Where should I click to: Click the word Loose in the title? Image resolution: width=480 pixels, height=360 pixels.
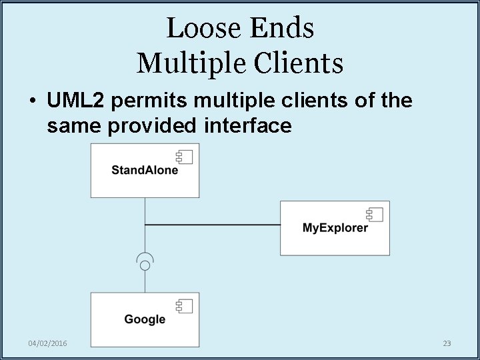(x=203, y=28)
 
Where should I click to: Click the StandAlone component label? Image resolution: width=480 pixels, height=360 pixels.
(x=145, y=170)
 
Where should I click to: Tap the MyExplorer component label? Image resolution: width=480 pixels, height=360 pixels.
(x=335, y=228)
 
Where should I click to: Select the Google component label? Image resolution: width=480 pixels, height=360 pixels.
(x=145, y=319)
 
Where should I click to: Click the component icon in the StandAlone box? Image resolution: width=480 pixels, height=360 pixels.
(x=184, y=157)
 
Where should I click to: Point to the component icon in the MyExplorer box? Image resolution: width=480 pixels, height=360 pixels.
(x=374, y=215)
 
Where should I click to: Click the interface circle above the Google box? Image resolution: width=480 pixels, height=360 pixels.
(x=145, y=265)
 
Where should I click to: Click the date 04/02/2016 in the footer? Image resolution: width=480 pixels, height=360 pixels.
(x=47, y=343)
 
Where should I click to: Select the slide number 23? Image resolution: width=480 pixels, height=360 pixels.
(x=447, y=343)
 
